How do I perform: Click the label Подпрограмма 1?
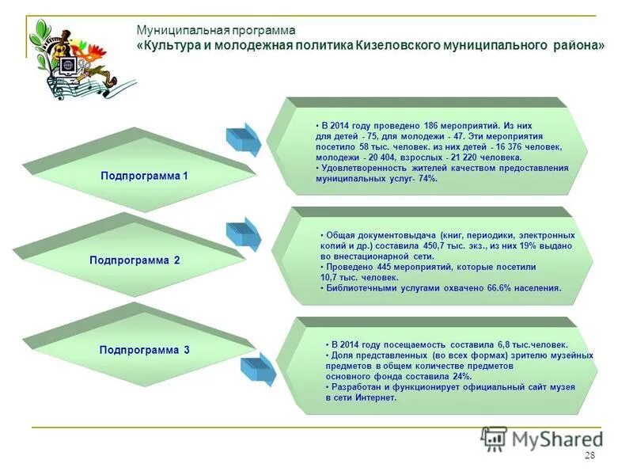pyautogui.click(x=144, y=175)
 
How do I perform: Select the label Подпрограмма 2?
pyautogui.click(x=135, y=260)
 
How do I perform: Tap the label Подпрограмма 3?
pyautogui.click(x=144, y=349)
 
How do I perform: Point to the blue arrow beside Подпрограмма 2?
pyautogui.click(x=243, y=233)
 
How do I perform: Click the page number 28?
pyautogui.click(x=589, y=455)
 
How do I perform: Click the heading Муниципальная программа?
pyautogui.click(x=215, y=29)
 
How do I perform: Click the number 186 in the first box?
pyautogui.click(x=431, y=125)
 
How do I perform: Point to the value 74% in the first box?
pyautogui.click(x=427, y=179)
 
